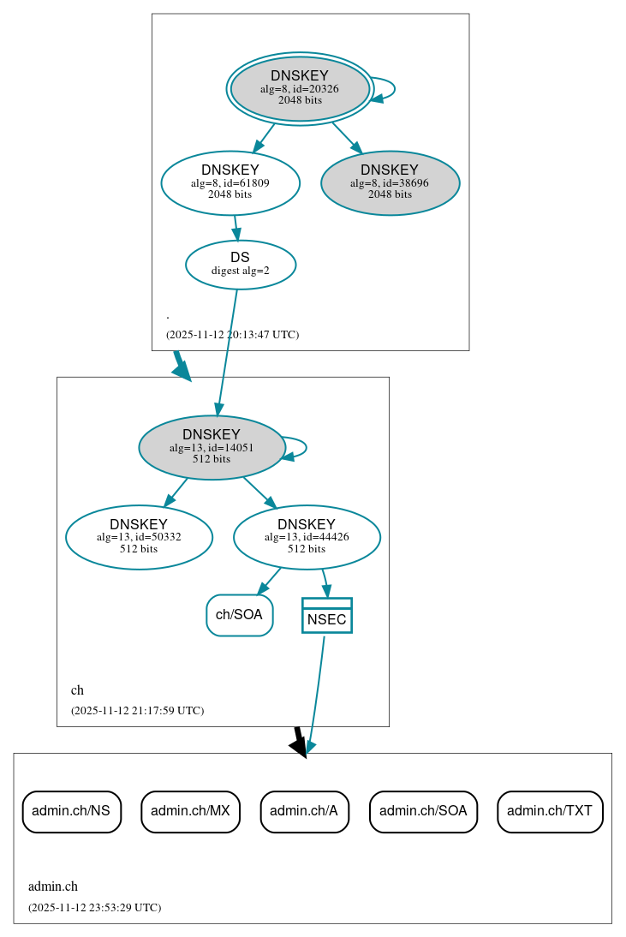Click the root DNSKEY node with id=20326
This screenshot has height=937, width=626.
[300, 88]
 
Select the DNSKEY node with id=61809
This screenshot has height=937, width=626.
[230, 182]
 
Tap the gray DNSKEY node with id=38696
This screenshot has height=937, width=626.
[391, 182]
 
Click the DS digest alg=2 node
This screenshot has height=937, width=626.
[240, 264]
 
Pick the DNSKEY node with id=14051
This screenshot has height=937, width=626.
[212, 447]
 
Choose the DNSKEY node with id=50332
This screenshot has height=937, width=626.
[139, 537]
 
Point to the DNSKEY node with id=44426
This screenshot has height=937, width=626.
[307, 537]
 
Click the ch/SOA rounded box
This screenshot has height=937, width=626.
[240, 615]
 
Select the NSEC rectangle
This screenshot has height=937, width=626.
[326, 616]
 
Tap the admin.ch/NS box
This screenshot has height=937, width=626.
[71, 811]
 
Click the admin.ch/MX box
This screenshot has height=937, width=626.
[190, 811]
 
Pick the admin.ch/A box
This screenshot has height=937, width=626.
[304, 811]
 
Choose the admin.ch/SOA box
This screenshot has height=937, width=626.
[423, 811]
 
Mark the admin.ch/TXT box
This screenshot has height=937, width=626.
[550, 811]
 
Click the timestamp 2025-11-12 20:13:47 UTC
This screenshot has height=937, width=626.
[232, 335]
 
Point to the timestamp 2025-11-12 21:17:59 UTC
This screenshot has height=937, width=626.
[137, 711]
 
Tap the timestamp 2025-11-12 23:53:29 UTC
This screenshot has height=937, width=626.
[94, 908]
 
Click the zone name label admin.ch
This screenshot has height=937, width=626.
[53, 886]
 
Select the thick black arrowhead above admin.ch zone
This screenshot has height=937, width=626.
[298, 747]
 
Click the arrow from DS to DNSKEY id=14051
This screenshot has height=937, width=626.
[227, 351]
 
